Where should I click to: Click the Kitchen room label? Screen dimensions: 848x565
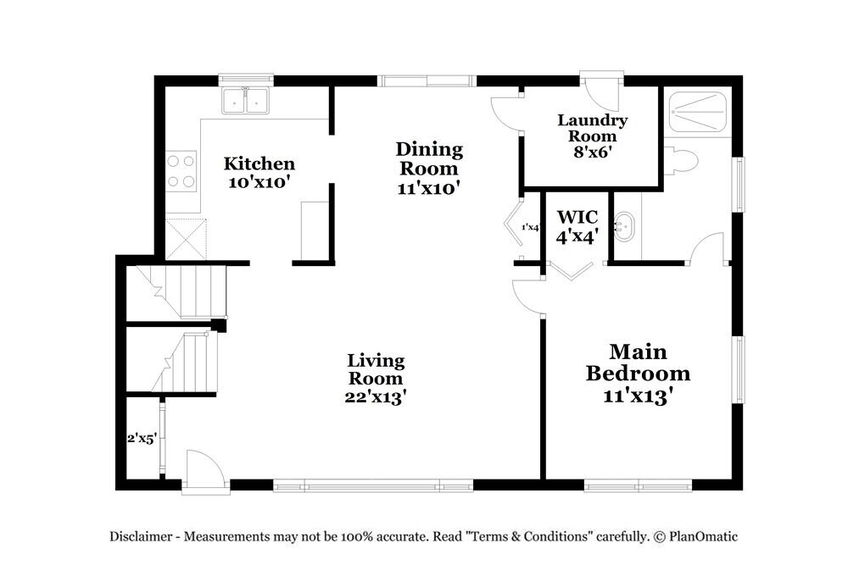tap(259, 163)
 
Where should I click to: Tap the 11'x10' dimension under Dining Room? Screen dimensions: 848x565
tap(429, 189)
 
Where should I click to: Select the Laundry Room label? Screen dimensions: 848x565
tap(592, 127)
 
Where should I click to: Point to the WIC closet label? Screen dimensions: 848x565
tap(577, 217)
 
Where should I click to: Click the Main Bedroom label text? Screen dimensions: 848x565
tap(639, 363)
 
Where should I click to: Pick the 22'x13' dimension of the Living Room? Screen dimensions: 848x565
tap(376, 397)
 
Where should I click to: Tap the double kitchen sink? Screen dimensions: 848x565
tap(246, 100)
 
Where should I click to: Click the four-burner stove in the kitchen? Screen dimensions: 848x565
tap(181, 171)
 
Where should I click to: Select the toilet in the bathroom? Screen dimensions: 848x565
tap(681, 161)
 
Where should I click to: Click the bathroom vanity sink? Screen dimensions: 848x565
tap(625, 227)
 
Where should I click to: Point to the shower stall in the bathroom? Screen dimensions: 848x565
tap(698, 112)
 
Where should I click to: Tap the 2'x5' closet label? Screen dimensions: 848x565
tap(142, 439)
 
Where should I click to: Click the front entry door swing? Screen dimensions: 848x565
tap(204, 471)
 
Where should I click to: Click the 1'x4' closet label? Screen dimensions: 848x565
tap(531, 227)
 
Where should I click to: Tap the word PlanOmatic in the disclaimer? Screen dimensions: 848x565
tap(703, 536)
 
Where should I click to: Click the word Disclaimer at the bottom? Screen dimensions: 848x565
tap(141, 536)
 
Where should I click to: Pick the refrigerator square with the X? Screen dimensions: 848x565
tap(186, 239)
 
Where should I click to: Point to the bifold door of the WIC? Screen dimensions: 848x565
tap(571, 271)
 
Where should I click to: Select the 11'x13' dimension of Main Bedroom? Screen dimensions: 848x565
tap(639, 396)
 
